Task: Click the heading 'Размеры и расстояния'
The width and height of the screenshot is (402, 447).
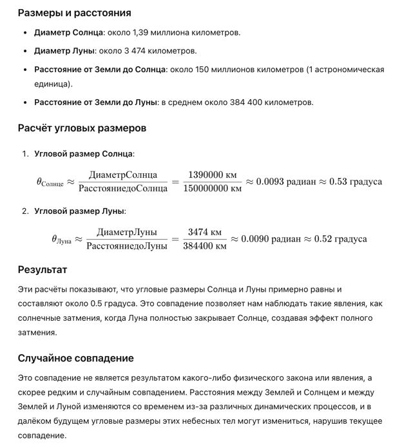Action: [x=74, y=13]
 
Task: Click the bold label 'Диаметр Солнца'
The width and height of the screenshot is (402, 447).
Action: [x=68, y=32]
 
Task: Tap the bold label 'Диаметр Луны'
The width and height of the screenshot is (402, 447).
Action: [x=64, y=50]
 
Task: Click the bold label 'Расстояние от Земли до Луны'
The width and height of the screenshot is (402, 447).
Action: [x=96, y=102]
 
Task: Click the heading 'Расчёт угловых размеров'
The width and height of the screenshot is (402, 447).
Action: [x=82, y=128]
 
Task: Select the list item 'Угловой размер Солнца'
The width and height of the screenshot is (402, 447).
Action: [x=84, y=154]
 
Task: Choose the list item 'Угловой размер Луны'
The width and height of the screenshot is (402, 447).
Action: [x=80, y=211]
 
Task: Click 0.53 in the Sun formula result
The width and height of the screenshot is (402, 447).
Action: [x=338, y=181]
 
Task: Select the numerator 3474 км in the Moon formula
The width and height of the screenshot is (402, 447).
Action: [x=204, y=232]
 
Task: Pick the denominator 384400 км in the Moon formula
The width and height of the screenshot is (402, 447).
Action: [x=204, y=245]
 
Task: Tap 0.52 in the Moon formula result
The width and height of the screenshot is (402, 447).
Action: [x=323, y=238]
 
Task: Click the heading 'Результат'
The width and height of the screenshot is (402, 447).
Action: [x=42, y=269]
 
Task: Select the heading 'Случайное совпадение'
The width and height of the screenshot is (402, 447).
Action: [x=75, y=358]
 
